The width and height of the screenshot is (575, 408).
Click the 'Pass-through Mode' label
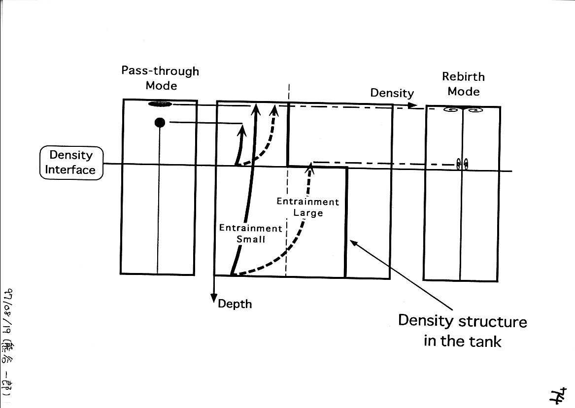click(x=160, y=78)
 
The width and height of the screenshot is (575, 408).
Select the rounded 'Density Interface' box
click(x=71, y=163)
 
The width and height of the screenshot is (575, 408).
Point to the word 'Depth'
click(x=235, y=304)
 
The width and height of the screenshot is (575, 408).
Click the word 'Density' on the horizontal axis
click(x=392, y=93)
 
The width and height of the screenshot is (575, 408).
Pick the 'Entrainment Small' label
click(x=250, y=234)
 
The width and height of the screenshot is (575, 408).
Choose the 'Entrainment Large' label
click(x=308, y=207)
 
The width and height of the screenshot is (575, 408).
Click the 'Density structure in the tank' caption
click(x=462, y=330)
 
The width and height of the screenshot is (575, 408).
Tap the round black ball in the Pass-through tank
click(x=159, y=122)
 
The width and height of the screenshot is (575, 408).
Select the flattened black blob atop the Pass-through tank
click(x=161, y=104)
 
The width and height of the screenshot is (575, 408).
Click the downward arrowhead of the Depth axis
click(x=214, y=299)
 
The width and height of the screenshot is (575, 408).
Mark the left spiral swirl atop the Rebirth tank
click(x=450, y=109)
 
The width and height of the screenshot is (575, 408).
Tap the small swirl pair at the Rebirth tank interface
click(x=462, y=164)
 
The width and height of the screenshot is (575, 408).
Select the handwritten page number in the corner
click(x=558, y=394)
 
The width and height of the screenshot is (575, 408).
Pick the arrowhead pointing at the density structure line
click(x=353, y=242)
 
